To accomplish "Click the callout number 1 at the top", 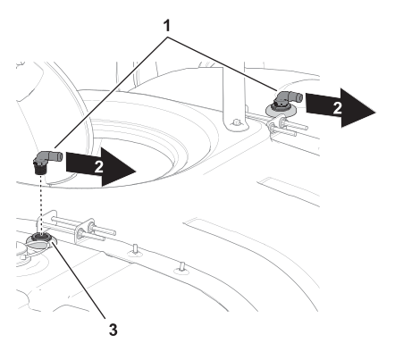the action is click(167, 26).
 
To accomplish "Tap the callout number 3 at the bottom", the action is click(113, 330).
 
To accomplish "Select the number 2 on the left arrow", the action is click(98, 167).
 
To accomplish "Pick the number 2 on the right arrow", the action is click(337, 108).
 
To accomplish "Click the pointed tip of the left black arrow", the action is click(136, 172).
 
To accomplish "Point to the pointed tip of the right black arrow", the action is click(375, 113).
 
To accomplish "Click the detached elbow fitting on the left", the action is click(47, 162).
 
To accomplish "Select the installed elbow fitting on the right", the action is click(287, 101).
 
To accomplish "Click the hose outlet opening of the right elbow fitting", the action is click(300, 97).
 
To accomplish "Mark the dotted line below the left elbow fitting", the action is click(41, 204).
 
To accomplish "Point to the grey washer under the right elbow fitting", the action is click(281, 112).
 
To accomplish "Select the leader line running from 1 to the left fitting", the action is click(110, 92).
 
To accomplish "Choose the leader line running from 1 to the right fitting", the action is click(223, 63).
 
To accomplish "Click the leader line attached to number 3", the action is click(79, 280).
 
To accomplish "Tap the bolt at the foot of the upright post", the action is click(236, 122).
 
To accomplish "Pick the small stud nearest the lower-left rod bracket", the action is click(135, 249).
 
